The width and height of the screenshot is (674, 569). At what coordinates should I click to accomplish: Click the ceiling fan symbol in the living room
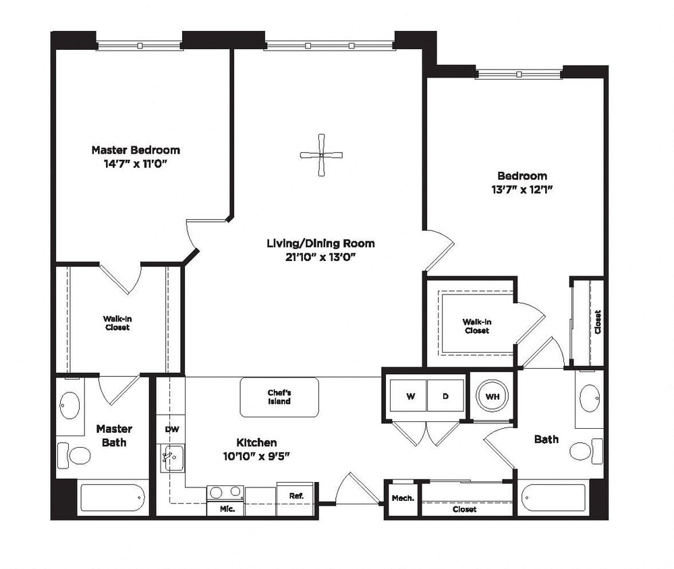click(x=321, y=155)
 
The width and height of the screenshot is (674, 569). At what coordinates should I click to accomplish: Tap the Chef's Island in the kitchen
click(x=279, y=397)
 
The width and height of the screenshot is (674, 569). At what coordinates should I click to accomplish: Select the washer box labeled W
click(x=410, y=396)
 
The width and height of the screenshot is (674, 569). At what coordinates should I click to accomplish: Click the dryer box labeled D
click(x=445, y=396)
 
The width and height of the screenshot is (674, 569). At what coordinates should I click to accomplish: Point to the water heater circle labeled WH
click(x=492, y=396)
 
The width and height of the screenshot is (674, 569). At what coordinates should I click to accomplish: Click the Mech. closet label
click(x=402, y=498)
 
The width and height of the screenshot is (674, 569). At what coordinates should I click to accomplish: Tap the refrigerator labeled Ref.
click(x=296, y=496)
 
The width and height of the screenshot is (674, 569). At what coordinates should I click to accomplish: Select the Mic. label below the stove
click(x=227, y=509)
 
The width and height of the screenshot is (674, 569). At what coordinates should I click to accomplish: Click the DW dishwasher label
click(x=171, y=429)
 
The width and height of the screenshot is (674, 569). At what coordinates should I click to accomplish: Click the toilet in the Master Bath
click(x=75, y=455)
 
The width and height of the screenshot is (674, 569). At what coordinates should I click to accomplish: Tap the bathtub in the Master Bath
click(x=113, y=498)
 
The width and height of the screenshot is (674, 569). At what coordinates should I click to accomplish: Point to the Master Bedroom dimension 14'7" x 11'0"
click(x=135, y=163)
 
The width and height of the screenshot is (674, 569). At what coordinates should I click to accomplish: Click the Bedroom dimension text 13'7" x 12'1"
click(x=519, y=189)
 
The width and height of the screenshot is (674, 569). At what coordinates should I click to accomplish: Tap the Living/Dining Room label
click(x=320, y=243)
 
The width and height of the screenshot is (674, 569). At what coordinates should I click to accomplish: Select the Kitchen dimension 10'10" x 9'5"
click(x=256, y=456)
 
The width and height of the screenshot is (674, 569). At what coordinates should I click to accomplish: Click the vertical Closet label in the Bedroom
click(x=597, y=322)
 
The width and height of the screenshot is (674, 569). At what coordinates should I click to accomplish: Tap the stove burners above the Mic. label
click(x=226, y=491)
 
